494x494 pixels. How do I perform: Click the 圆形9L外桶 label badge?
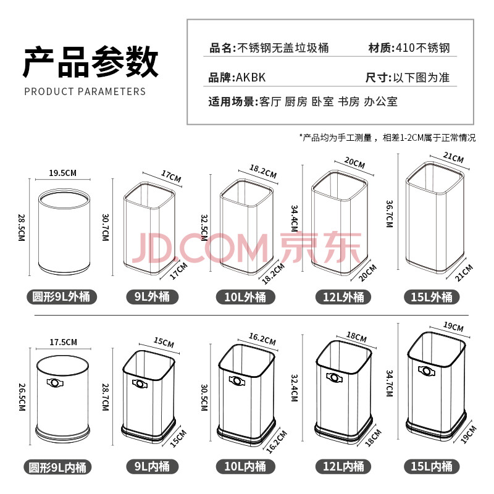tap(62, 297)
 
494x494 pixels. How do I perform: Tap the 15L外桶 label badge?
tap(432, 297)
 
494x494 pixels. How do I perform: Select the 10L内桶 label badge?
tap(245, 466)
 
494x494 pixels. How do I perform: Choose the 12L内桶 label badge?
tap(343, 466)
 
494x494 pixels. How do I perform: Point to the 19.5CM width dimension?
tap(63, 173)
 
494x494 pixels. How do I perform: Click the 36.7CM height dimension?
tap(390, 214)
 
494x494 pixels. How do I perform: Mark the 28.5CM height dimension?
tap(21, 227)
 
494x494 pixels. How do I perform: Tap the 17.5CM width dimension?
tap(64, 342)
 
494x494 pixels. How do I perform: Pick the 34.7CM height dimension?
tap(390, 383)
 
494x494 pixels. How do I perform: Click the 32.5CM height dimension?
tap(204, 228)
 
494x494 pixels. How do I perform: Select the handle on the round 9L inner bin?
tap(55, 383)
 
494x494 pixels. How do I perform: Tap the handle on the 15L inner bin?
tap(427, 371)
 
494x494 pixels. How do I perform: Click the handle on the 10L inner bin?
tap(237, 381)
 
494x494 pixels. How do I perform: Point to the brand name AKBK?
tap(251, 78)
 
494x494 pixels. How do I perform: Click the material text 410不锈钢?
tap(423, 48)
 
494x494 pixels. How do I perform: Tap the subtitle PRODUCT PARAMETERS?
tap(85, 91)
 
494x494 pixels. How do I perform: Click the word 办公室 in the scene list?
tap(380, 102)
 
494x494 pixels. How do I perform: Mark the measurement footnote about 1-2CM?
tap(388, 138)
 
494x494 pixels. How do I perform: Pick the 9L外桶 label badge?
tap(152, 297)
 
